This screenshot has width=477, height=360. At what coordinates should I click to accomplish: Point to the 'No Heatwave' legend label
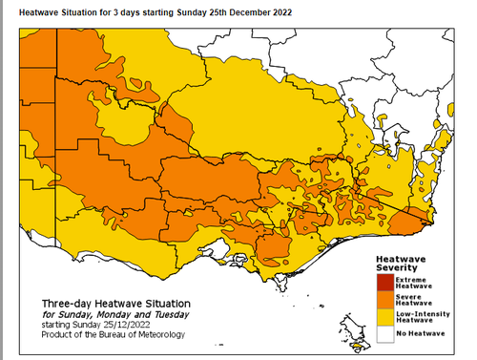tap(420, 334)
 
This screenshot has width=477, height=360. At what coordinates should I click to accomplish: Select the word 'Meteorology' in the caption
tap(158, 335)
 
